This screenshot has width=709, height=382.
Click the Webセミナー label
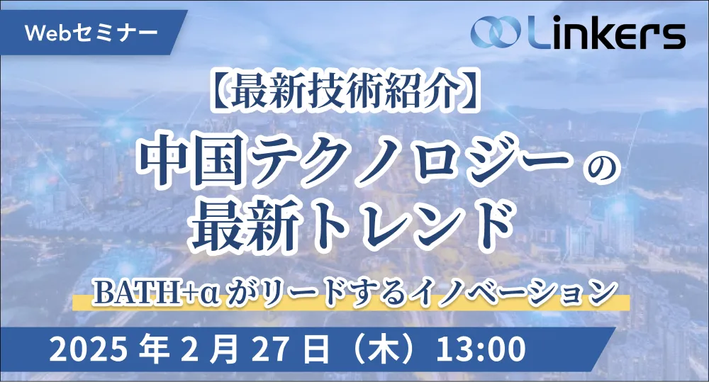pyautogui.click(x=91, y=32)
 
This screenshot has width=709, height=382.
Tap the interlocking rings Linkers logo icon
pyautogui.click(x=496, y=32)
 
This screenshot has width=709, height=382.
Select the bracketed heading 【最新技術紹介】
pyautogui.click(x=346, y=91)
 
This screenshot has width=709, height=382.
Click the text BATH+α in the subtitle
pyautogui.click(x=157, y=292)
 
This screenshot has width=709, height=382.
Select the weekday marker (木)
pyautogui.click(x=384, y=349)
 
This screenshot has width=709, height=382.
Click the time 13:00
pyautogui.click(x=480, y=349)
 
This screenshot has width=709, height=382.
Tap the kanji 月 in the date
pyautogui.click(x=223, y=349)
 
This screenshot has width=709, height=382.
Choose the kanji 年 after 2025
pyautogui.click(x=154, y=349)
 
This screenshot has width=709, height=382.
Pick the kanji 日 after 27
pyautogui.click(x=316, y=349)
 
